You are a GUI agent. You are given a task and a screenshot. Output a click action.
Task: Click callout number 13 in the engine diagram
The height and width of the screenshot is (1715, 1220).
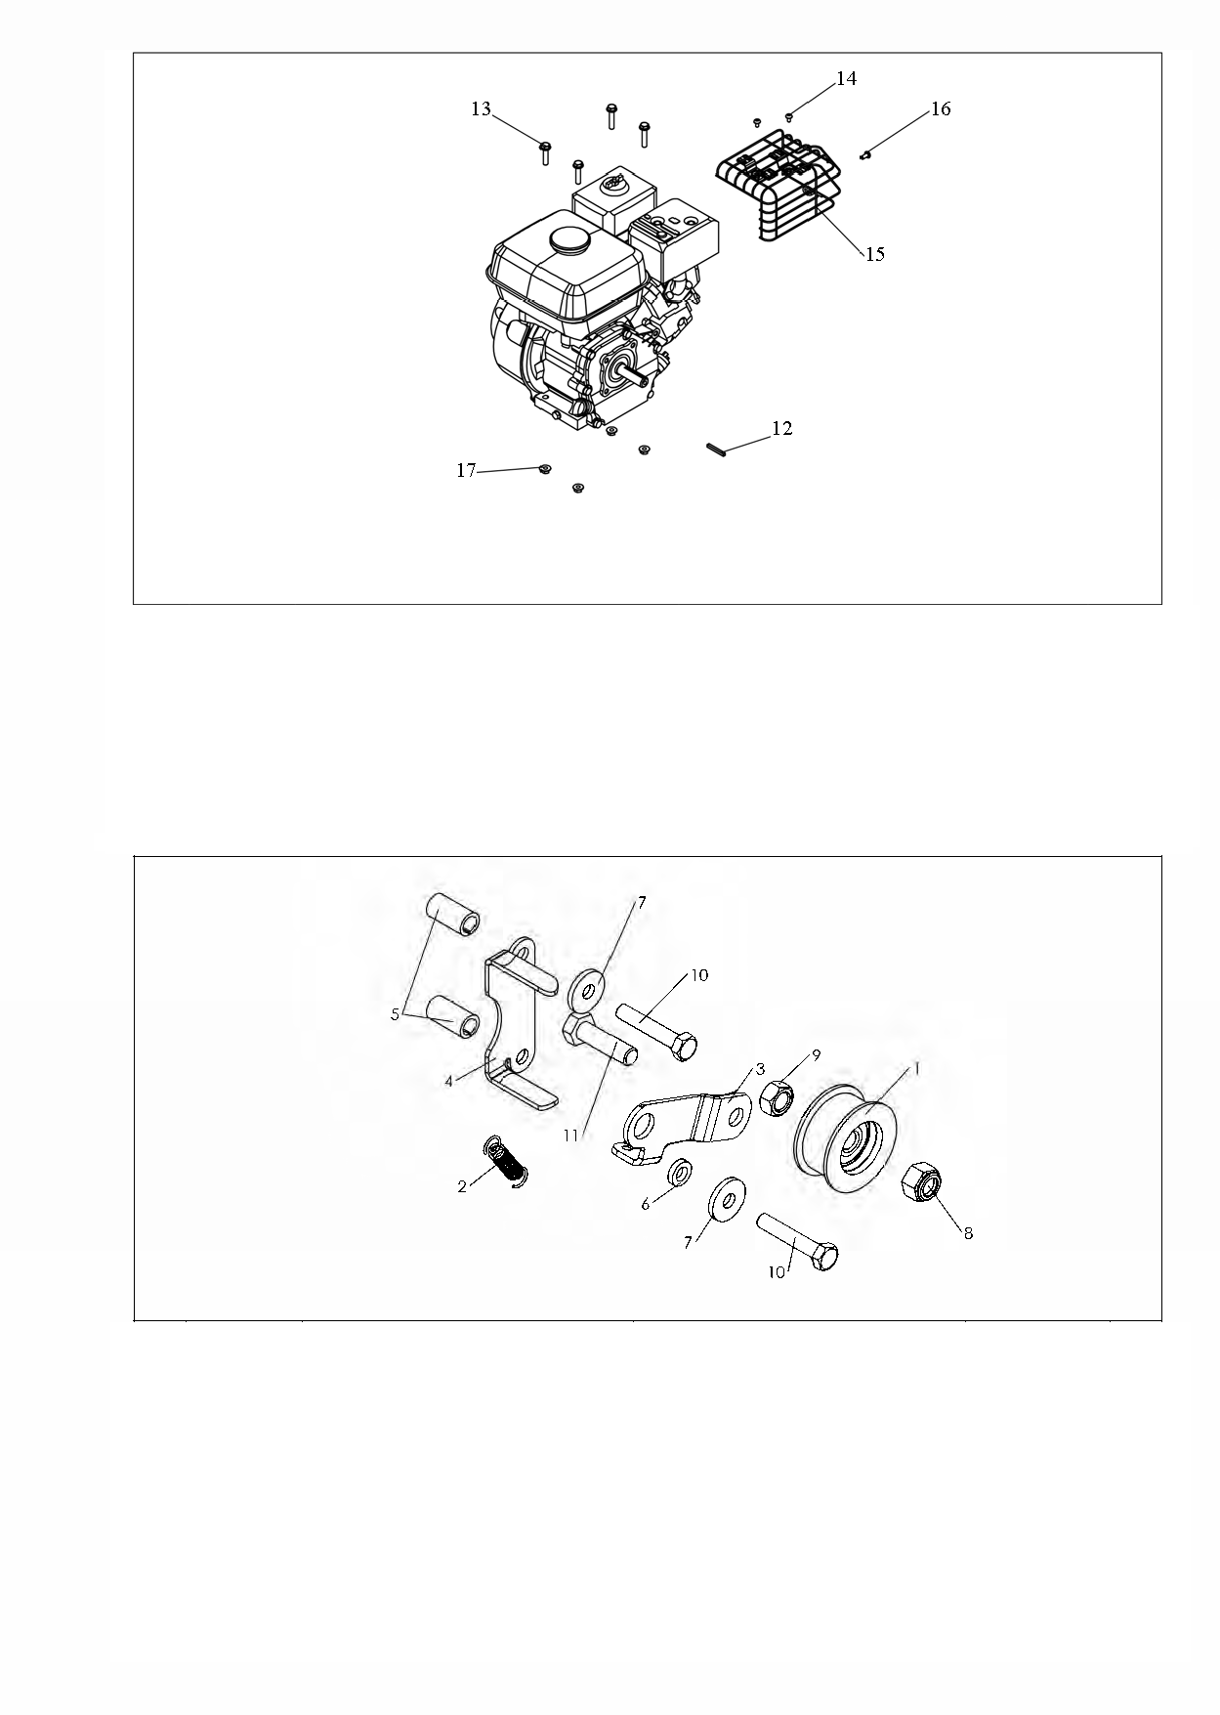tap(482, 108)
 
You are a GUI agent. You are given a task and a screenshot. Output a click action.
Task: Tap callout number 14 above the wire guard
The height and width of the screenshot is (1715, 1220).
tap(847, 78)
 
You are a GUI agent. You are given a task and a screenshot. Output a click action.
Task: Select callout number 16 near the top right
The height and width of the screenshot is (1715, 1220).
tap(940, 108)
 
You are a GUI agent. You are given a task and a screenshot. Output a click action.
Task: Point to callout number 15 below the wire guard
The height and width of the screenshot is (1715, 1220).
tap(874, 254)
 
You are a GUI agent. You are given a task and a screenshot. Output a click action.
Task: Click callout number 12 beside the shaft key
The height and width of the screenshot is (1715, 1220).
tap(781, 428)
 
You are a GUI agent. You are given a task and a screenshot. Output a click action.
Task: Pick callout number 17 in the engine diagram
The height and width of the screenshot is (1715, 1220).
tap(467, 471)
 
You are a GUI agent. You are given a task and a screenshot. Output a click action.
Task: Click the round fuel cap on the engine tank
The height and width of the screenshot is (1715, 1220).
tap(566, 238)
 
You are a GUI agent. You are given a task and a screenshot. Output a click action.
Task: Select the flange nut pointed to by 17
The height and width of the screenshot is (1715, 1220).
tap(545, 470)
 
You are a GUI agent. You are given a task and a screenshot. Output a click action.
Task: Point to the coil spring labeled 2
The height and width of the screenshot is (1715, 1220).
tap(507, 1162)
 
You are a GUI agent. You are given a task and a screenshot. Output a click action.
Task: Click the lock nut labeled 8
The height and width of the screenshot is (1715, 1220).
tap(923, 1183)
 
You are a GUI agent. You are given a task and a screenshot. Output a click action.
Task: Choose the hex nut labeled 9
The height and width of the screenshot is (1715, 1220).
tap(775, 1099)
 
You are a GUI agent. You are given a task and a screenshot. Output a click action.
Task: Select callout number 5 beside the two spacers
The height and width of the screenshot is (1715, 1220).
tap(395, 1015)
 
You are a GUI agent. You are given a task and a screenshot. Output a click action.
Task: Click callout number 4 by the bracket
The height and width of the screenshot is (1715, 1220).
tap(448, 1082)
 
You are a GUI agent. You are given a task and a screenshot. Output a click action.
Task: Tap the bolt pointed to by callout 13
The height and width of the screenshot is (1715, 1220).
tap(545, 153)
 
